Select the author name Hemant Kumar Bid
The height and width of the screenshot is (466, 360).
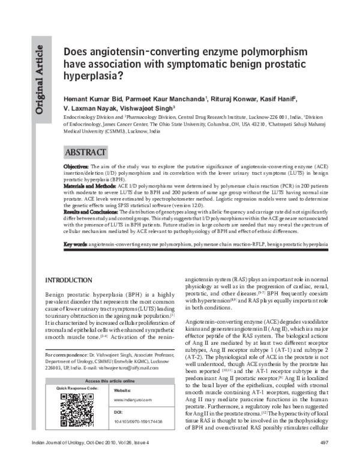tap(91, 98)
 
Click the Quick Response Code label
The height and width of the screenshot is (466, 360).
tap(77, 389)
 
